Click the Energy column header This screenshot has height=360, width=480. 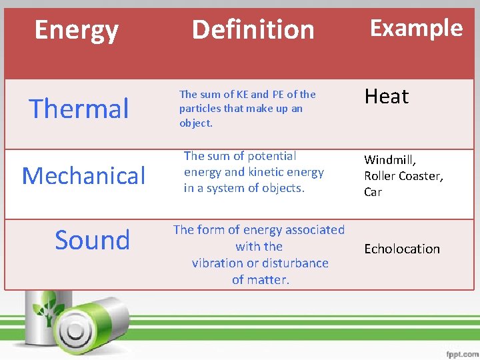[x=76, y=30]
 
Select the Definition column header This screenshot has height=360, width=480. [x=253, y=29]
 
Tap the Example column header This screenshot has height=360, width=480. [x=416, y=28]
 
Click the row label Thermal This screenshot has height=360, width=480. [x=79, y=109]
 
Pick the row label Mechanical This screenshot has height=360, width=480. [x=83, y=176]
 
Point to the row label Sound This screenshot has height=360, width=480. [x=92, y=240]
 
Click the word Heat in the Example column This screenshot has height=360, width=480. [x=386, y=97]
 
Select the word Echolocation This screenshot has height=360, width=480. [x=402, y=249]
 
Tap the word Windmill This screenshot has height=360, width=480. [x=389, y=160]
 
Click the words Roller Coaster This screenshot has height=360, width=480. [x=403, y=176]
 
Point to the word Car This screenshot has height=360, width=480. [x=373, y=192]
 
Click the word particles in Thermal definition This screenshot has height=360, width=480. [x=201, y=109]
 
